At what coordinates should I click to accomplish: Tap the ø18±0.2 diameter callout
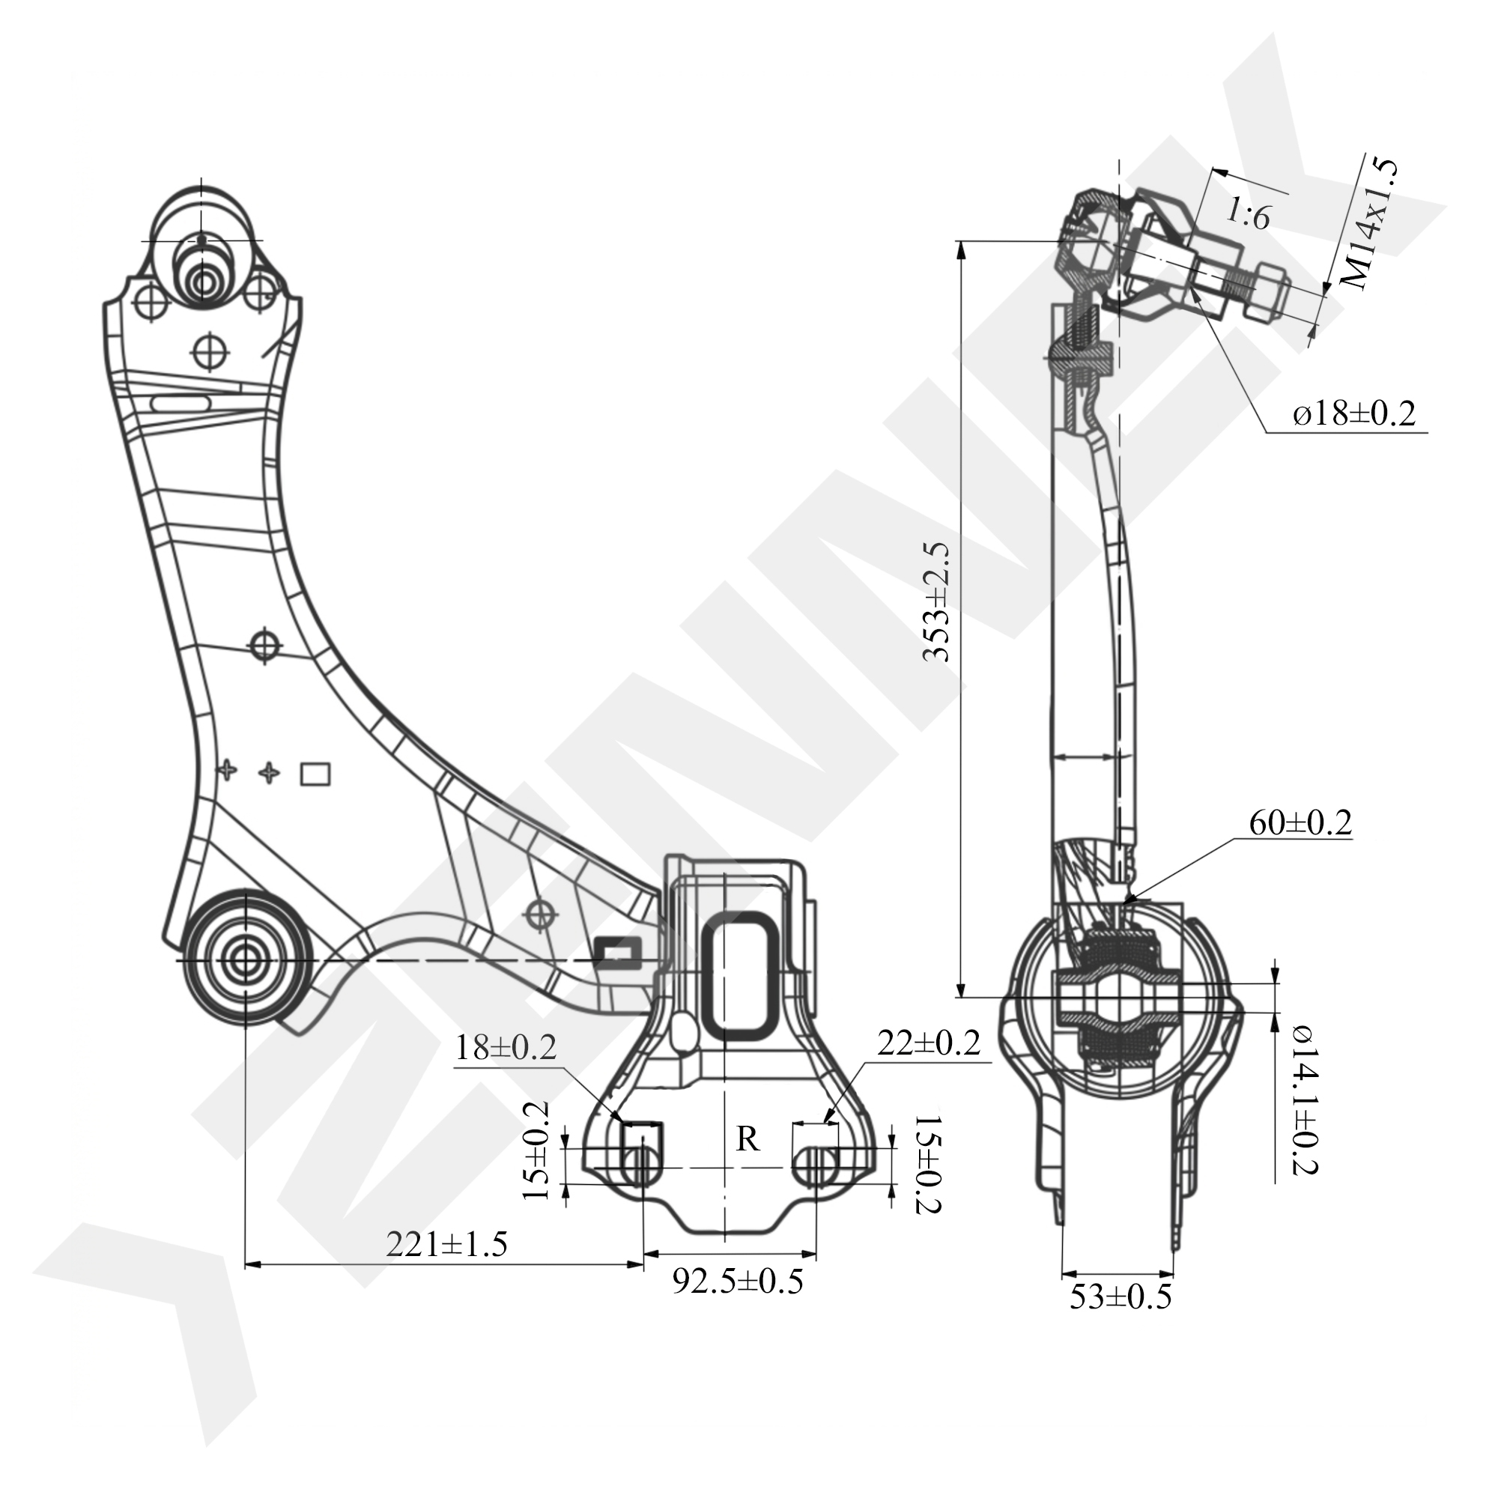(1354, 413)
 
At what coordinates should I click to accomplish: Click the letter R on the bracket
(748, 1139)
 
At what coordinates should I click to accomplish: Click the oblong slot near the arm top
(180, 404)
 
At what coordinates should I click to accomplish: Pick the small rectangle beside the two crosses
(315, 774)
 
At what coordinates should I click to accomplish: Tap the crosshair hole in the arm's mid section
(264, 643)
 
